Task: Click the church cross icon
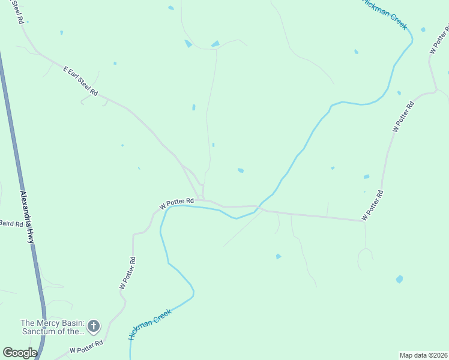(x=93, y=326)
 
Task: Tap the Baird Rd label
(x=11, y=223)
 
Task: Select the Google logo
(x=20, y=353)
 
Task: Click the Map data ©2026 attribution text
(x=423, y=355)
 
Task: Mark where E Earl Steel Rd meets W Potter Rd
(x=203, y=199)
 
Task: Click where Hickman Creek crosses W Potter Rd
(x=259, y=208)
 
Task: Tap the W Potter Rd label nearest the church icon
(x=86, y=346)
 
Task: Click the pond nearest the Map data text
(x=399, y=279)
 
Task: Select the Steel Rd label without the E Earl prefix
(x=17, y=12)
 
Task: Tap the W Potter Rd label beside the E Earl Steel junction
(x=176, y=203)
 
